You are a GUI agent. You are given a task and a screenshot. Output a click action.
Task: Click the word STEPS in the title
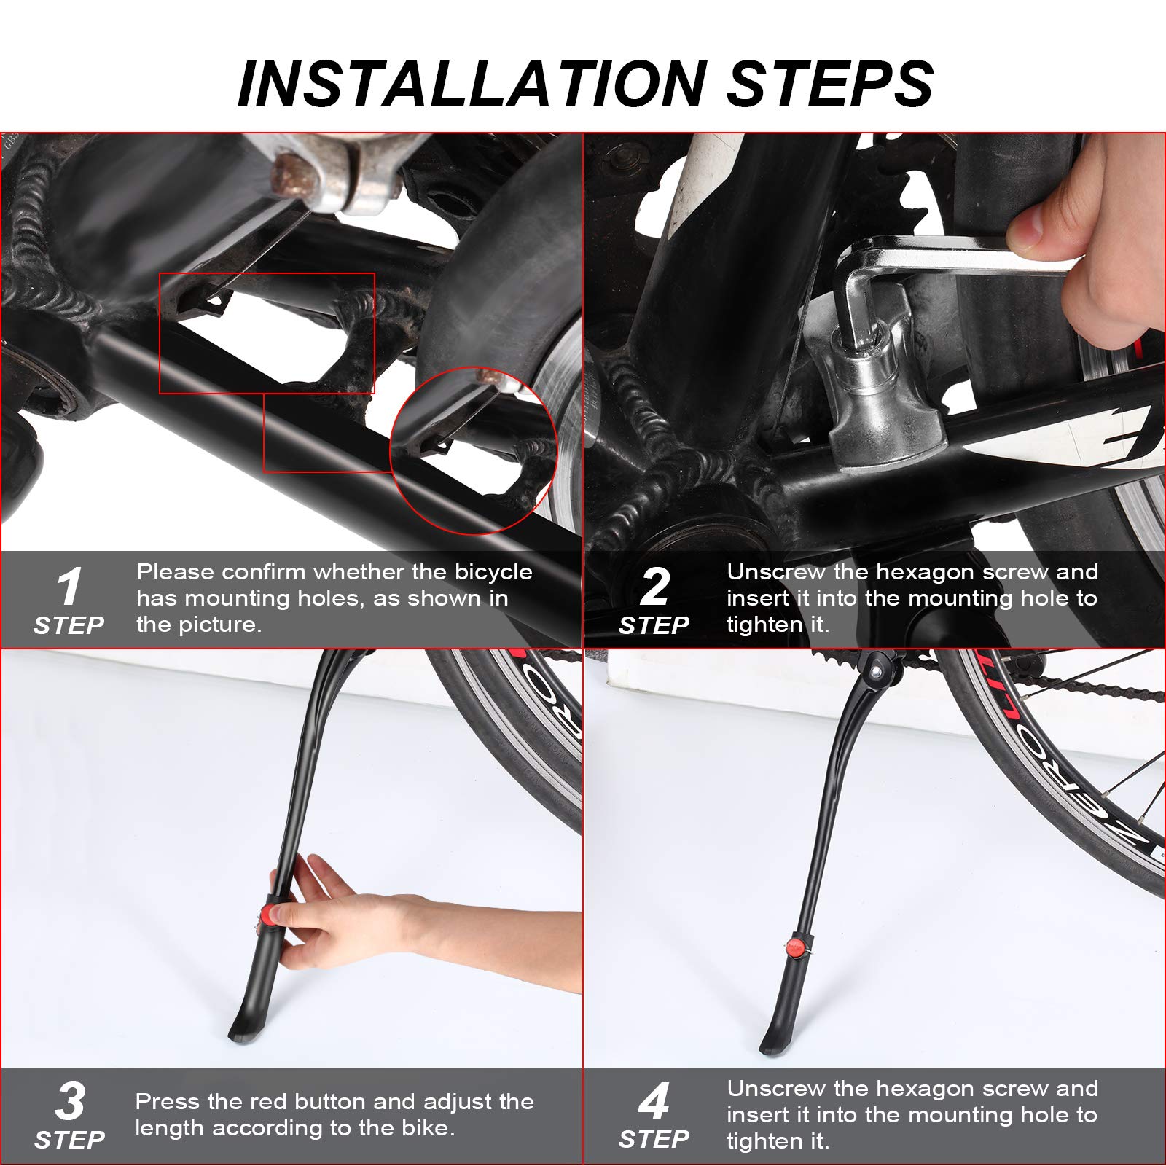pyautogui.click(x=830, y=84)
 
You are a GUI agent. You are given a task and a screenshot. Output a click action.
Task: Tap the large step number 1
pyautogui.click(x=69, y=587)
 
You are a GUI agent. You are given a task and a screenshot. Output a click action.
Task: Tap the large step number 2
pyautogui.click(x=654, y=587)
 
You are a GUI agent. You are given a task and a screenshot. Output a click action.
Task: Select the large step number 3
pyautogui.click(x=70, y=1102)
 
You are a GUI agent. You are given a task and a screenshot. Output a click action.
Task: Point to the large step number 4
pyautogui.click(x=654, y=1102)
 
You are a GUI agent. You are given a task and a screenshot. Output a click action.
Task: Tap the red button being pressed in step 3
pyautogui.click(x=270, y=915)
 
